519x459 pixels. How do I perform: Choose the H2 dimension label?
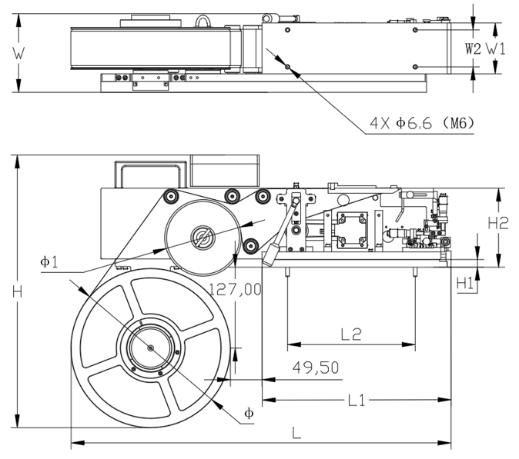(x=500, y=224)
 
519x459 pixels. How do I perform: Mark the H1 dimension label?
(x=464, y=284)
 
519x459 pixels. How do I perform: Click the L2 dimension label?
(x=350, y=334)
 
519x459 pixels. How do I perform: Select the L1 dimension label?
(x=355, y=401)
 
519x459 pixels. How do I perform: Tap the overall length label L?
(x=296, y=432)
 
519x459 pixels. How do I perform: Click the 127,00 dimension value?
(x=236, y=288)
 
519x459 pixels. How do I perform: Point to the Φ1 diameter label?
(x=49, y=261)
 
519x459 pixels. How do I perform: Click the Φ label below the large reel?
(x=248, y=413)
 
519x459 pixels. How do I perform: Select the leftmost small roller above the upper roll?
(x=168, y=198)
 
